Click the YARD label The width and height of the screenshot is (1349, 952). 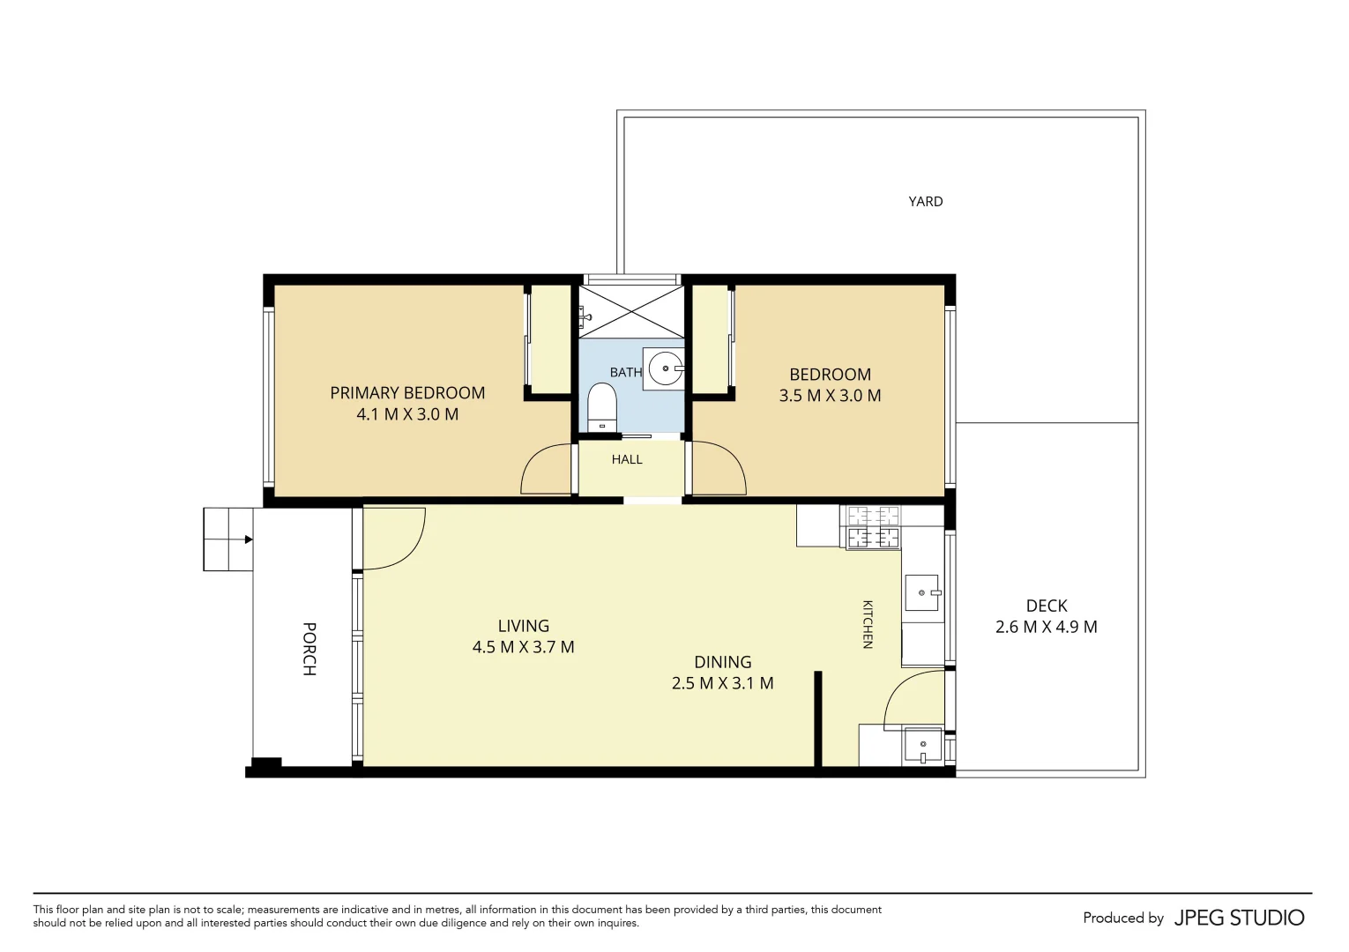(926, 202)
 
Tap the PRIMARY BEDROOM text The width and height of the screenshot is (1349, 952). (407, 393)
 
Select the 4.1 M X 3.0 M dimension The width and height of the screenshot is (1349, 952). (407, 414)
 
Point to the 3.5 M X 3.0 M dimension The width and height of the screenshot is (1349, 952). (830, 396)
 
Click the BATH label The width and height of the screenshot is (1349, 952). (626, 373)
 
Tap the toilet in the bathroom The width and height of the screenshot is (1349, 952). (601, 406)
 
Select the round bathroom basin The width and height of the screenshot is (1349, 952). (666, 368)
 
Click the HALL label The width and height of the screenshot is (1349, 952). (627, 459)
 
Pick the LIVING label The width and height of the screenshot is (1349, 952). (524, 626)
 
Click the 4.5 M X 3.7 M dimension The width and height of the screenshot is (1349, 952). (524, 647)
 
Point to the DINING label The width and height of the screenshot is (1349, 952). (723, 662)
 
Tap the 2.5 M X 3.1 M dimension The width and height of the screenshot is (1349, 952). (723, 683)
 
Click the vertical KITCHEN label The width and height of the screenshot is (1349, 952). (868, 624)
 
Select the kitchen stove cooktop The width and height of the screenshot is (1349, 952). (874, 527)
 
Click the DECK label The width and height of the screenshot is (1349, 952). (1047, 606)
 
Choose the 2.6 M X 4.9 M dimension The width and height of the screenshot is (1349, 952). (1047, 628)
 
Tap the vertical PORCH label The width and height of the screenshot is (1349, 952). (309, 649)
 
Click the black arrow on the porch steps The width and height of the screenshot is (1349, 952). (248, 539)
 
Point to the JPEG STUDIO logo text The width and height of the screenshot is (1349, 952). (1240, 918)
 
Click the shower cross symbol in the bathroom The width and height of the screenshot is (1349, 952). (632, 311)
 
